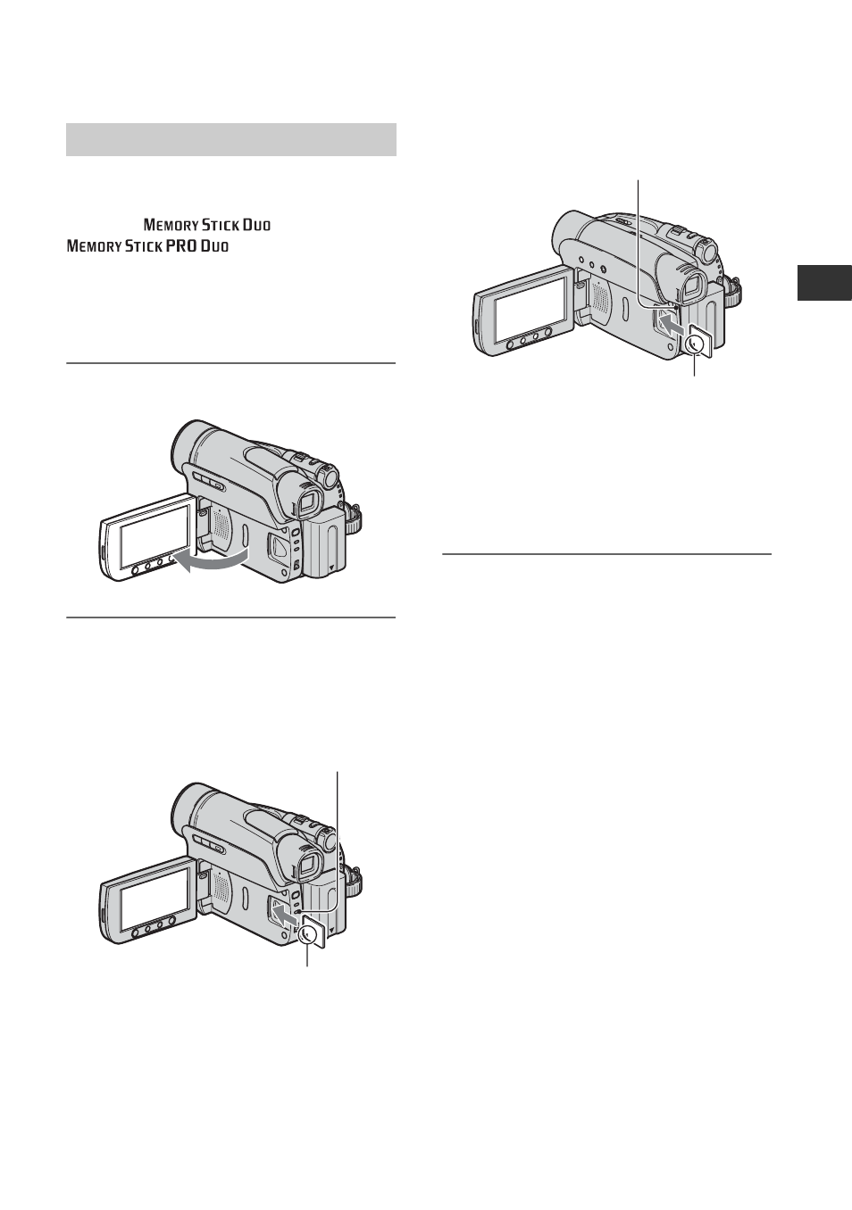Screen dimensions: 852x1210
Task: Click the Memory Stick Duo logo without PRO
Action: (x=207, y=224)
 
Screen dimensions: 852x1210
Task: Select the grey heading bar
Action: (x=231, y=139)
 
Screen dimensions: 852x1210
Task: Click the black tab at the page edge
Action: (x=824, y=283)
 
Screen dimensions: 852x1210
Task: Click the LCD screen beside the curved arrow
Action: (x=154, y=535)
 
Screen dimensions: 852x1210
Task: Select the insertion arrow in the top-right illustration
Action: (x=673, y=326)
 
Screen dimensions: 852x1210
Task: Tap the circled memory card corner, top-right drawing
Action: (x=697, y=344)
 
